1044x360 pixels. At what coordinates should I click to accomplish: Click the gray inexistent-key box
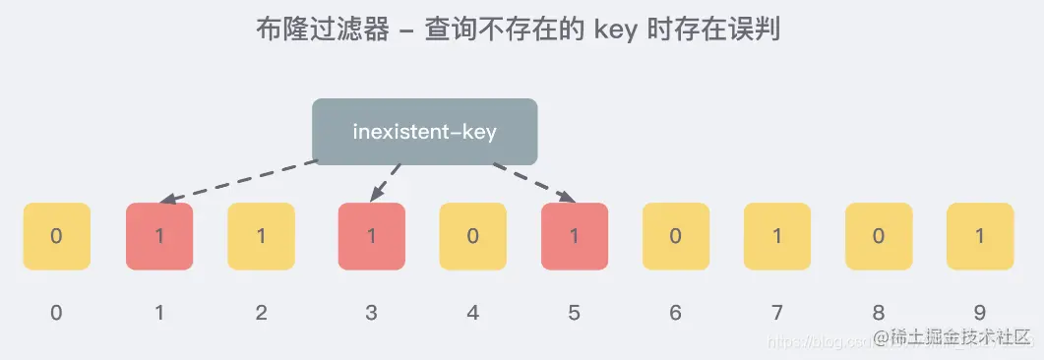[x=425, y=131]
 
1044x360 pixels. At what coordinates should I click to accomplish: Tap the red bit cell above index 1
[x=159, y=236]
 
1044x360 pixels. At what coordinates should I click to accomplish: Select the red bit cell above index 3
[x=371, y=236]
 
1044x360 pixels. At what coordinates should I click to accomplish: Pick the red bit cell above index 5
[x=575, y=236]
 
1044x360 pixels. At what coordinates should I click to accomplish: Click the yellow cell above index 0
[x=57, y=236]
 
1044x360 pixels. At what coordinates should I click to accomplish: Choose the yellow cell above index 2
[x=261, y=236]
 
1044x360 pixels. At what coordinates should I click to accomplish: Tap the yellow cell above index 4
[x=472, y=236]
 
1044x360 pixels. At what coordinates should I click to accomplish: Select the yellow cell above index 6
[x=676, y=236]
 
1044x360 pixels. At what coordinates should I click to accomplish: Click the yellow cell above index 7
[x=777, y=236]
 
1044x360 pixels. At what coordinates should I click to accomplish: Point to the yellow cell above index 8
[x=879, y=236]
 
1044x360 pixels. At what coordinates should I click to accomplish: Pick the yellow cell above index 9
[x=980, y=236]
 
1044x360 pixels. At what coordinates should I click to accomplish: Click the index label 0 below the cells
[x=57, y=313]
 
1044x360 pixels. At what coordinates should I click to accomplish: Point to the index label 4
[x=472, y=313]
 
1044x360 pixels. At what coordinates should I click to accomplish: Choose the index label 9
[x=980, y=313]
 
